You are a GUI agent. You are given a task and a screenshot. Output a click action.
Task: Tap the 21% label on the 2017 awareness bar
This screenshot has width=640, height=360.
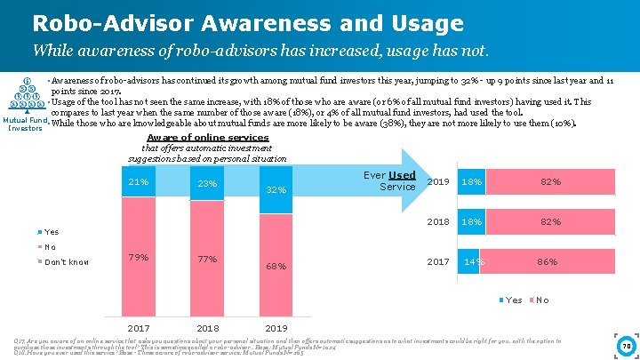click(x=138, y=182)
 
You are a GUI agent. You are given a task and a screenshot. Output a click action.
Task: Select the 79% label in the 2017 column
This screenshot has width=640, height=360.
click(x=138, y=258)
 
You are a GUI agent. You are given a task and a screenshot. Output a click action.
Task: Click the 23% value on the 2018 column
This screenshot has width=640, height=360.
click(x=207, y=184)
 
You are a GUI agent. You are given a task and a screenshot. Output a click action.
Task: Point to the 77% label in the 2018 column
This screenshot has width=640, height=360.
click(x=207, y=260)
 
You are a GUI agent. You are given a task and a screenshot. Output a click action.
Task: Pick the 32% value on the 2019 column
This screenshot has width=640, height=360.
click(x=276, y=189)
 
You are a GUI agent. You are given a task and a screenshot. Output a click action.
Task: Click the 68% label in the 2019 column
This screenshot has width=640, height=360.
click(x=276, y=266)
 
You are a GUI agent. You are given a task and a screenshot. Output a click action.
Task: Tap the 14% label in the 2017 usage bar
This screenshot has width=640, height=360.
click(x=474, y=262)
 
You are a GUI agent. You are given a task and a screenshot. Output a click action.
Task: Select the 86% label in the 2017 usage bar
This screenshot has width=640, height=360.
click(x=547, y=262)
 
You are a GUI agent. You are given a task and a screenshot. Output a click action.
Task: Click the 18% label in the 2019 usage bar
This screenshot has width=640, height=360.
click(x=473, y=182)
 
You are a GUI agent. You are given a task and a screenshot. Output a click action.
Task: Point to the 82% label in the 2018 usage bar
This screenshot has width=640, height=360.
click(x=550, y=221)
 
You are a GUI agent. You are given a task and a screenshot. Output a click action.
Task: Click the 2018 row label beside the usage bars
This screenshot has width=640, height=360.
click(x=438, y=221)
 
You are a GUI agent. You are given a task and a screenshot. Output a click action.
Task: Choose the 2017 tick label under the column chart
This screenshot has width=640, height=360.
click(x=139, y=327)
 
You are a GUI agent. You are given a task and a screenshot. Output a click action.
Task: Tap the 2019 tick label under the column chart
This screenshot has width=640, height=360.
click(x=276, y=327)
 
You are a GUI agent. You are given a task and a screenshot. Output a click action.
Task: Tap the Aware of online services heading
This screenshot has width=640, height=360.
click(x=207, y=138)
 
